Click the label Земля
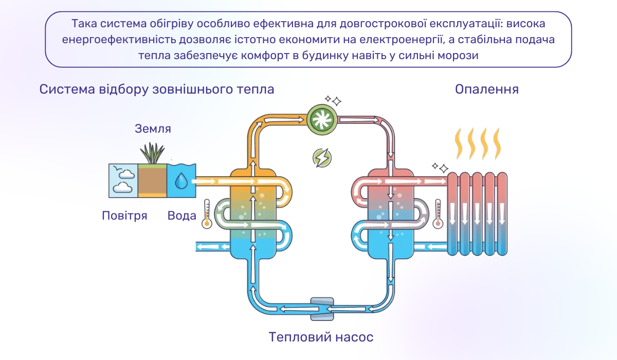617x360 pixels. [153, 129]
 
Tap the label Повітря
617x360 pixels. [124, 215]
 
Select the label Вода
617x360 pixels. [182, 215]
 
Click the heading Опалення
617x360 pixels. [486, 89]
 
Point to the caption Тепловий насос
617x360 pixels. [321, 337]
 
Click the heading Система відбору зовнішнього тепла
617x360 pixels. [157, 89]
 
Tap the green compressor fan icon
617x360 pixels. [322, 120]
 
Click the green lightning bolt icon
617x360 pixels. [322, 158]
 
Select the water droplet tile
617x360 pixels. [182, 181]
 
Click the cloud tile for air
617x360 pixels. [123, 181]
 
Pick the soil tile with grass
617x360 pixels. [152, 177]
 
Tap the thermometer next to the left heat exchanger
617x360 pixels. [207, 214]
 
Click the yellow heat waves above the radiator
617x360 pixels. [476, 145]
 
